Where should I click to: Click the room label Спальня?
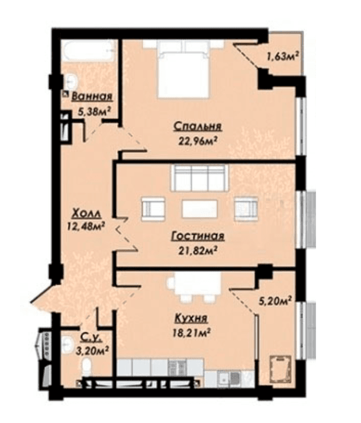pyautogui.click(x=198, y=126)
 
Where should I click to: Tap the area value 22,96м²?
pyautogui.click(x=198, y=140)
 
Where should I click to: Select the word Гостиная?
pyautogui.click(x=198, y=236)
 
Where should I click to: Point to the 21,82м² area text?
pyautogui.click(x=198, y=251)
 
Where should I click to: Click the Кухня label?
pyautogui.click(x=191, y=318)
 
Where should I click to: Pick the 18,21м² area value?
pyautogui.click(x=191, y=332)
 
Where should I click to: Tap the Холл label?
pyautogui.click(x=86, y=214)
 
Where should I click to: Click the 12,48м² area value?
pyautogui.click(x=86, y=226)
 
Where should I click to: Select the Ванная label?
pyautogui.click(x=92, y=97)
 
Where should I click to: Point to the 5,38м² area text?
pyautogui.click(x=95, y=111)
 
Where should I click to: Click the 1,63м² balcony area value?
pyautogui.click(x=283, y=57)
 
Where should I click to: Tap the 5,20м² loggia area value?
pyautogui.click(x=275, y=300)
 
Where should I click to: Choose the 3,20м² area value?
pyautogui.click(x=92, y=351)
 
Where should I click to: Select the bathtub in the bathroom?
pyautogui.click(x=89, y=52)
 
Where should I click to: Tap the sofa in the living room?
pyautogui.click(x=199, y=178)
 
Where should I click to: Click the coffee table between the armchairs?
pyautogui.click(x=199, y=209)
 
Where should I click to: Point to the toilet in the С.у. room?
pyautogui.click(x=87, y=367)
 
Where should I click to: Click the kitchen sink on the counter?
pyautogui.click(x=229, y=378)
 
